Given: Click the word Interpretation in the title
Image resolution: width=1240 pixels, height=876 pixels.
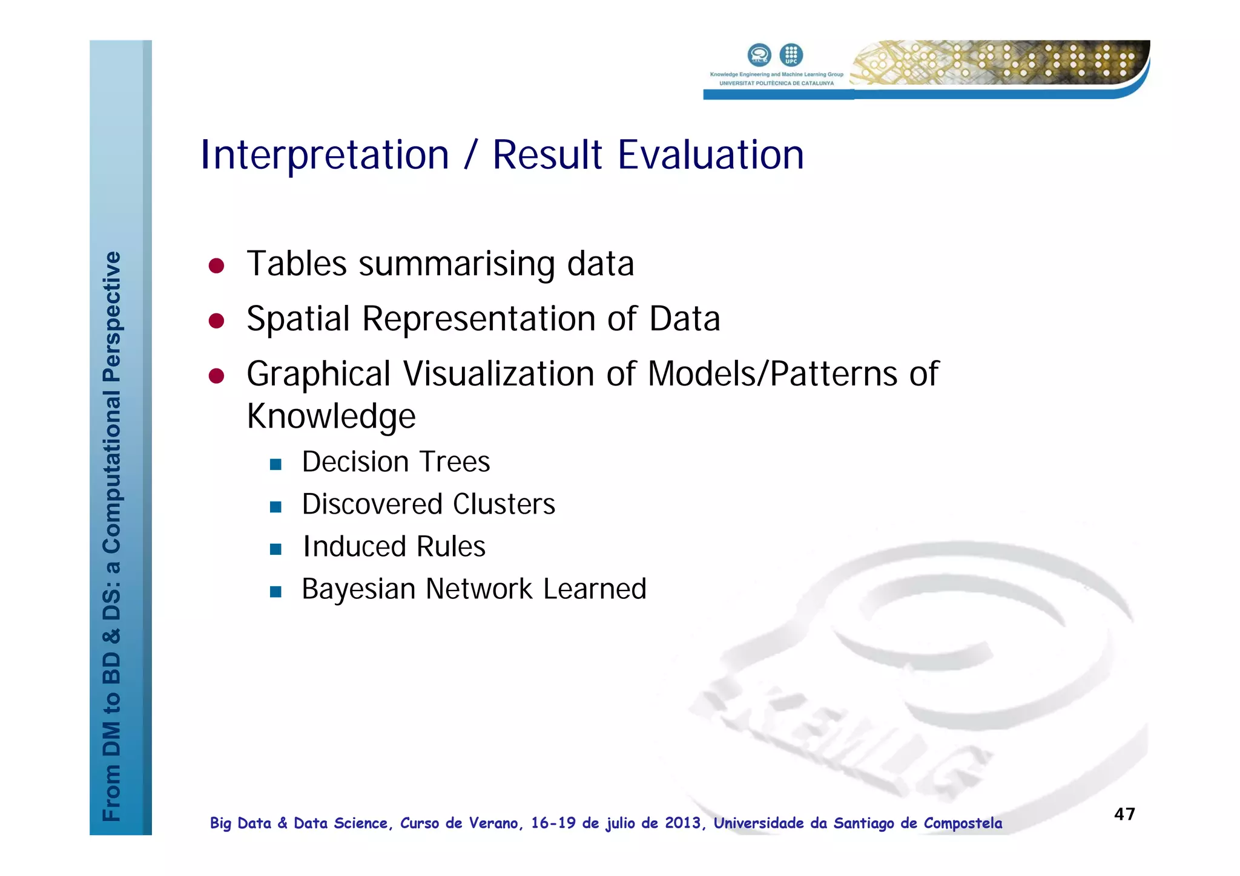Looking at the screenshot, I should pyautogui.click(x=325, y=155).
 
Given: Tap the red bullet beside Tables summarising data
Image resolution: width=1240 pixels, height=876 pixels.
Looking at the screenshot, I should pyautogui.click(x=217, y=266).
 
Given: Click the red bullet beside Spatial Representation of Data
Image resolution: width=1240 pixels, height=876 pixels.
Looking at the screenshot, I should pyautogui.click(x=217, y=321).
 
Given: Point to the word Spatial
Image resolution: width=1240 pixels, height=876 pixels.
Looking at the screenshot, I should pyautogui.click(x=298, y=319).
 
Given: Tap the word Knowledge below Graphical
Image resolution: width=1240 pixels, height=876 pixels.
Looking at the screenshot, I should pyautogui.click(x=331, y=416).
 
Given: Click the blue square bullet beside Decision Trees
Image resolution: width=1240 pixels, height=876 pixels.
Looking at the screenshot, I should pyautogui.click(x=275, y=465).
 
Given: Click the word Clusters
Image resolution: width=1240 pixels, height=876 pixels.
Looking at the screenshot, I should pyautogui.click(x=504, y=505).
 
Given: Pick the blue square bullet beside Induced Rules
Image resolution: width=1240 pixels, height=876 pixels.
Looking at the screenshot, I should pyautogui.click(x=275, y=549).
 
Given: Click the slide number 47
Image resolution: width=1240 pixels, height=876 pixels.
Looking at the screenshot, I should pyautogui.click(x=1124, y=814).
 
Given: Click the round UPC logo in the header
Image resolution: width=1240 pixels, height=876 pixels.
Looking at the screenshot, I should pyautogui.click(x=791, y=55).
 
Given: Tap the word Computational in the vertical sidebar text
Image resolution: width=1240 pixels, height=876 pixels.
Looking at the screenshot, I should pyautogui.click(x=112, y=472).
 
